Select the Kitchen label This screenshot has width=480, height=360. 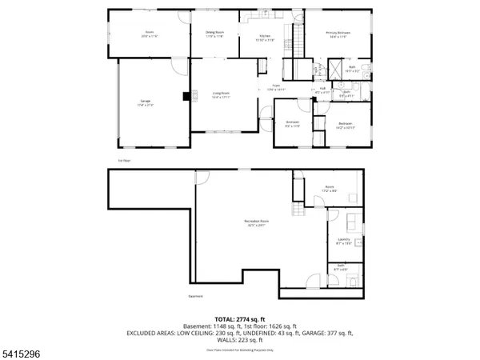[x=265, y=38]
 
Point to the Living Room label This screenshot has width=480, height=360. [x=222, y=95]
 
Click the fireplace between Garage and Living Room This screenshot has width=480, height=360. [x=186, y=98]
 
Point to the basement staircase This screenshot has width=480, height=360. [x=298, y=210]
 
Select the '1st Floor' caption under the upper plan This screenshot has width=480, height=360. [x=124, y=159]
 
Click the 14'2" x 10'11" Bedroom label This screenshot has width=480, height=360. [x=345, y=125]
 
